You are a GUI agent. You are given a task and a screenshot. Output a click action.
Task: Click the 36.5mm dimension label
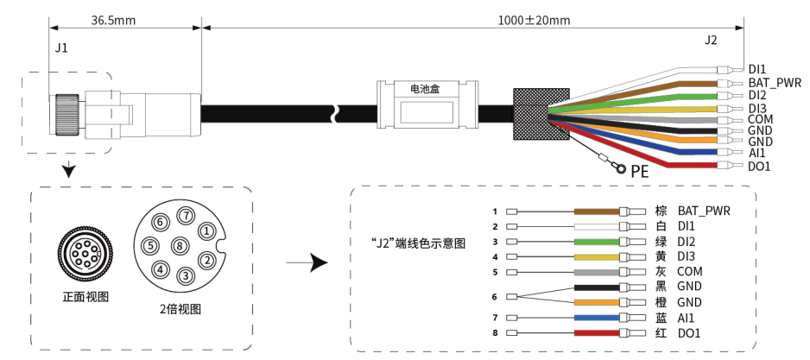(113, 21)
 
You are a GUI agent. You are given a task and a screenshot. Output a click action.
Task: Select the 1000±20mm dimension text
(535, 21)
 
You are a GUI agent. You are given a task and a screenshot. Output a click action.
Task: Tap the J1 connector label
(61, 48)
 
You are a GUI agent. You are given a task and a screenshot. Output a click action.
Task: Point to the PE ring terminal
(621, 168)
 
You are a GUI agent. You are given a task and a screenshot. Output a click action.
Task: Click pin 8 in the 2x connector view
(180, 246)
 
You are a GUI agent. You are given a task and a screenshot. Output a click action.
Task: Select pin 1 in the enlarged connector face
(206, 231)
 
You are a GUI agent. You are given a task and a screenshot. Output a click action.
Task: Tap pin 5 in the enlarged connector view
(150, 245)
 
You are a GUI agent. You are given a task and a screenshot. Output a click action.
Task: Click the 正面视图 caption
(85, 297)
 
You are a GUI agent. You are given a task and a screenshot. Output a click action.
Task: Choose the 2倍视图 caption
(180, 309)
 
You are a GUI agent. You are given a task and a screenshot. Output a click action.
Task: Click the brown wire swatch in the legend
(597, 212)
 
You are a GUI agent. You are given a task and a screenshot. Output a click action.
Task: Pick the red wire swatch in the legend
(597, 333)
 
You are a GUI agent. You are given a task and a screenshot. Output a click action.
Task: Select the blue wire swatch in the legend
(597, 318)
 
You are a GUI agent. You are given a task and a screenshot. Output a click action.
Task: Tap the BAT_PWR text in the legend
(704, 211)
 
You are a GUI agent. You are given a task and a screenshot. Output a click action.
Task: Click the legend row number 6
(494, 297)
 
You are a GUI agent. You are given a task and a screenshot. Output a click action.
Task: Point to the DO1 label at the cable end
(759, 167)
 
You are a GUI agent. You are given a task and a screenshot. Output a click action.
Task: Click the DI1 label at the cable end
(757, 69)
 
